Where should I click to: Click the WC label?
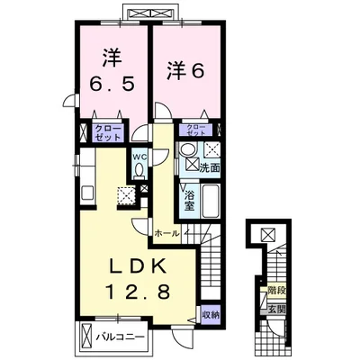tap(140, 158)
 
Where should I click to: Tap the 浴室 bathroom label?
tap(190, 200)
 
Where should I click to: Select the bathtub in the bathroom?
tap(212, 201)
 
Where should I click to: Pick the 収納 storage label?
tap(210, 314)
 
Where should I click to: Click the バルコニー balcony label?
tap(122, 339)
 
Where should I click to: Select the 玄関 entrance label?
tap(276, 308)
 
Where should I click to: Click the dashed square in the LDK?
tap(126, 194)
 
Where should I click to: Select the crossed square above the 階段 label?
tap(266, 236)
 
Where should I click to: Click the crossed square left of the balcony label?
tap(86, 339)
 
